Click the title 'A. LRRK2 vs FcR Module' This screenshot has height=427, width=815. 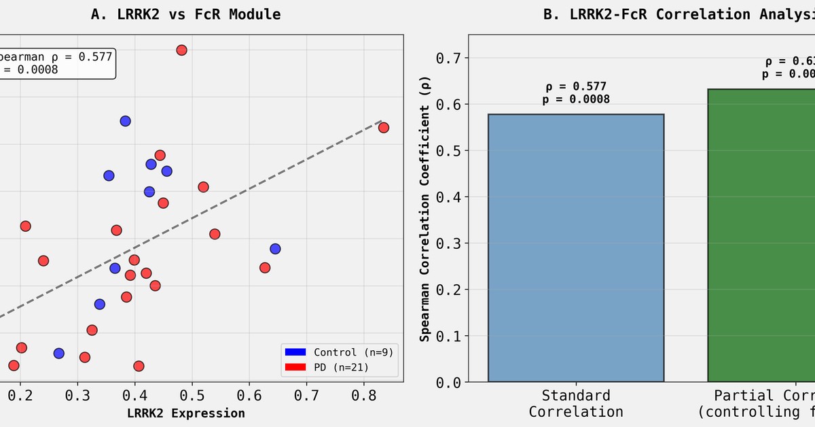(x=185, y=14)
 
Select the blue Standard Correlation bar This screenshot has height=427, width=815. (x=576, y=248)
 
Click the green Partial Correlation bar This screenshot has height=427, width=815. (x=761, y=235)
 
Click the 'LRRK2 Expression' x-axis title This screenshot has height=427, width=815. (x=185, y=413)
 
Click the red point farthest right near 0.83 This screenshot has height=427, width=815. (x=383, y=128)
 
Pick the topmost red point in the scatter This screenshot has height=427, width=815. (x=181, y=50)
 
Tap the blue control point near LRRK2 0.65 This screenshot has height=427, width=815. (x=275, y=249)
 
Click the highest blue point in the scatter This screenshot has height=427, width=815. (x=125, y=121)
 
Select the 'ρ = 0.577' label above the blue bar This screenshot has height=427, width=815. (x=576, y=86)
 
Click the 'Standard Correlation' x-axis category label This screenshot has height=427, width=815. (x=576, y=403)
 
